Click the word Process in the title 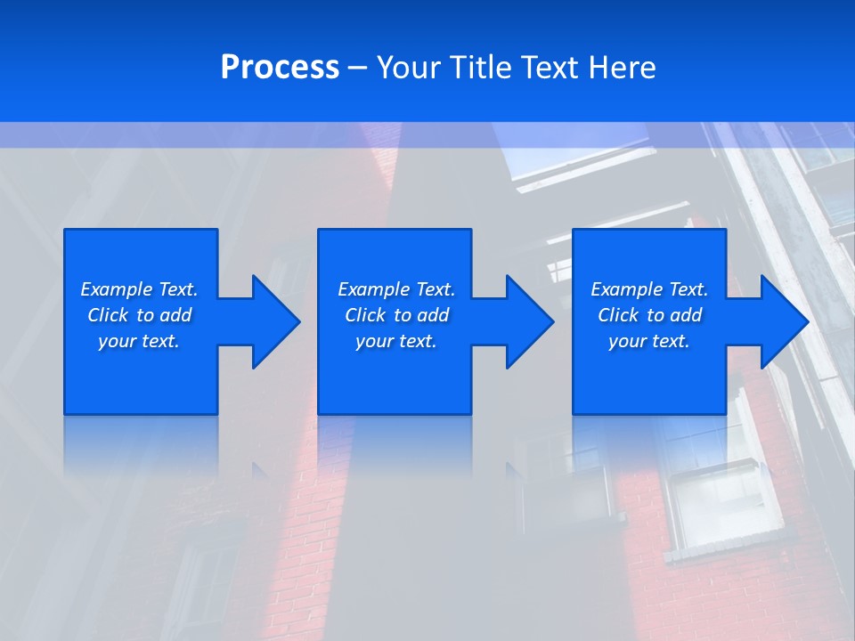pyautogui.click(x=280, y=68)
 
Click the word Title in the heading pyautogui.click(x=478, y=68)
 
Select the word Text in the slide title pyautogui.click(x=550, y=68)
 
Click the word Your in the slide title pyautogui.click(x=408, y=68)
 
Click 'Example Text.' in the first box pyautogui.click(x=139, y=289)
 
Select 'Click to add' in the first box pyautogui.click(x=139, y=315)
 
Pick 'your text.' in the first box pyautogui.click(x=139, y=341)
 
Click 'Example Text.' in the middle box pyautogui.click(x=395, y=289)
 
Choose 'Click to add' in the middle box pyautogui.click(x=395, y=315)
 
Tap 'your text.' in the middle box pyautogui.click(x=395, y=341)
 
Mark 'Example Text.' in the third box pyautogui.click(x=649, y=289)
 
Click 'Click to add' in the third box pyautogui.click(x=649, y=315)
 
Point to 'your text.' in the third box pyautogui.click(x=649, y=341)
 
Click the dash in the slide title pyautogui.click(x=357, y=68)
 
